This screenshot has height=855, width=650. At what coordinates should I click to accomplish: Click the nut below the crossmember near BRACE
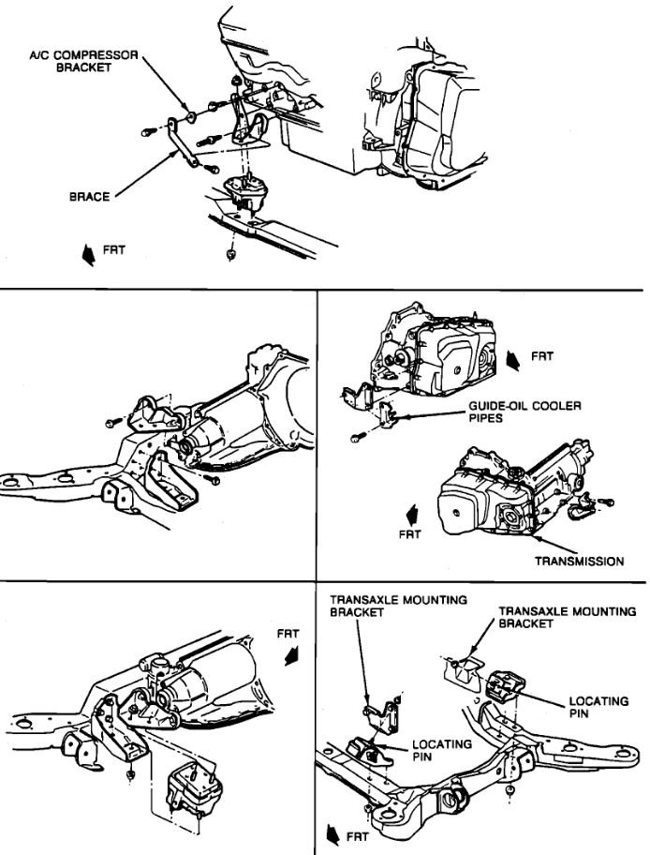229,254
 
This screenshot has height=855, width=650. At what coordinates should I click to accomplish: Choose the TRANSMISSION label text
579,562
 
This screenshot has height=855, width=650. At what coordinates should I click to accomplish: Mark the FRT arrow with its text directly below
408,517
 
